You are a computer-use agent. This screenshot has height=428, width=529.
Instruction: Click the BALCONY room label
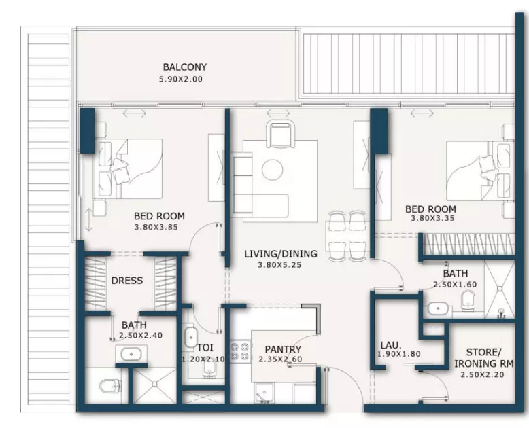point(184,67)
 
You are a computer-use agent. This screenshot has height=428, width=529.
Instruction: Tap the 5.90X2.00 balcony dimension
point(181,79)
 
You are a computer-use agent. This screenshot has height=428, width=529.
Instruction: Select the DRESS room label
point(127,281)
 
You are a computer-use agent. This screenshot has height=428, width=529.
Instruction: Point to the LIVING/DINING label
point(281,254)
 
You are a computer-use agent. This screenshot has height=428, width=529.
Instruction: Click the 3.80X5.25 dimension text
point(279,265)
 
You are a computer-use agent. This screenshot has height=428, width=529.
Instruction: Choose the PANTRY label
point(283,349)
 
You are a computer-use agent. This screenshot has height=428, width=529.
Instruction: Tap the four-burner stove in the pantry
point(241,351)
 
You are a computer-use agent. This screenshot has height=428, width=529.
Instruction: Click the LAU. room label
point(391,345)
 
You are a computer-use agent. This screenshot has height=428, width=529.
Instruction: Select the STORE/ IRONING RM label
point(484,358)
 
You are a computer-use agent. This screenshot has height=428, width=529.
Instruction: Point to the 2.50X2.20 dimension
point(482,374)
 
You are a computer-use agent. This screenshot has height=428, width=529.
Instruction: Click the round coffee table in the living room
point(272,171)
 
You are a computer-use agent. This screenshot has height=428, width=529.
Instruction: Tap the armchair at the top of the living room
point(280,134)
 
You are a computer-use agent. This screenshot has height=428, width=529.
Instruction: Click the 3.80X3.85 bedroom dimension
point(156,227)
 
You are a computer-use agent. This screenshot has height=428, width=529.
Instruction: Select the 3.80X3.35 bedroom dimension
point(432,218)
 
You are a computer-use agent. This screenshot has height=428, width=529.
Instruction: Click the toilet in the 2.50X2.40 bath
point(111,386)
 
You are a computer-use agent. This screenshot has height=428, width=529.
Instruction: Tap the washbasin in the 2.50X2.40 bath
point(131,354)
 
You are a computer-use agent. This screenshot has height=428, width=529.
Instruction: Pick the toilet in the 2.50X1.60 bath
point(468,300)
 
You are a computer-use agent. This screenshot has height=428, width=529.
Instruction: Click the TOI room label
point(205,347)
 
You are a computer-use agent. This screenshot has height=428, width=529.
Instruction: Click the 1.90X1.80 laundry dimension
point(398,354)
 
